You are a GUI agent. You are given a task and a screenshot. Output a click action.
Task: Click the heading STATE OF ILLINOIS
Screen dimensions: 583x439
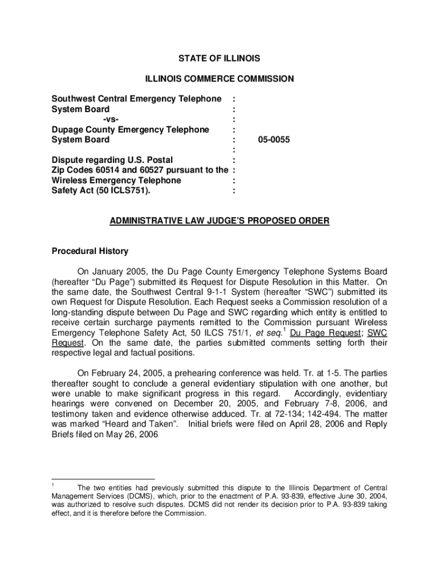tap(219, 59)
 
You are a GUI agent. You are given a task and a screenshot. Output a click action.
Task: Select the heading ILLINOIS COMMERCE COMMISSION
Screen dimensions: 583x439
tap(219, 79)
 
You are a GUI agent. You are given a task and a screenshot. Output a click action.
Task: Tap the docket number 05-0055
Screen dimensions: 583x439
tap(273, 139)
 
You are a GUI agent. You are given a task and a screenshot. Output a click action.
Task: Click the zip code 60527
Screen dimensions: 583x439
tap(148, 170)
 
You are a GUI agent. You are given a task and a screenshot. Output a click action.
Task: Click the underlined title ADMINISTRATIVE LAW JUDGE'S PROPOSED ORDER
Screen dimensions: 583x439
tap(219, 221)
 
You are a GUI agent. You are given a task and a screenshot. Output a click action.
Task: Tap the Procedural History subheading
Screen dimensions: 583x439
tap(90, 251)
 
